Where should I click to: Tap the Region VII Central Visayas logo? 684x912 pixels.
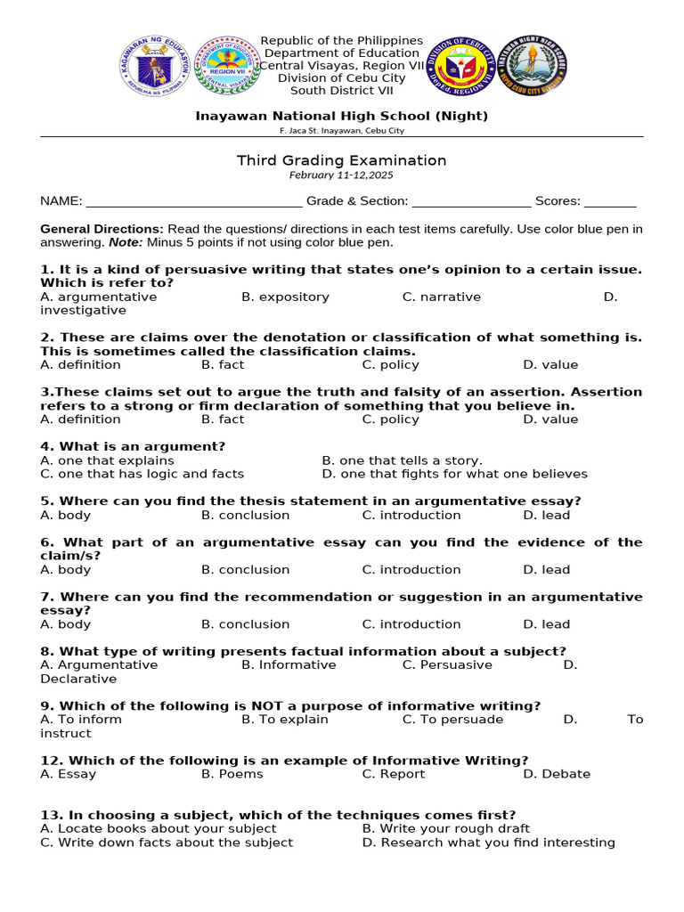(226, 67)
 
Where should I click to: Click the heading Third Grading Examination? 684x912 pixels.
(341, 160)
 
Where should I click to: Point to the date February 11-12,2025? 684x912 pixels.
(341, 175)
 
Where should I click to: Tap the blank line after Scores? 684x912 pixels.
(610, 202)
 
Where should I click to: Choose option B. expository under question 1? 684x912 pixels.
(285, 297)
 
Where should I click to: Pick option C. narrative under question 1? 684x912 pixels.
(441, 297)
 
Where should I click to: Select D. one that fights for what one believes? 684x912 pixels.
(454, 475)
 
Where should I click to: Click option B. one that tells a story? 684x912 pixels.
(402, 460)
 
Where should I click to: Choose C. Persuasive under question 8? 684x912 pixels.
(447, 665)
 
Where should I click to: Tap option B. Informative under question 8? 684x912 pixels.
(289, 665)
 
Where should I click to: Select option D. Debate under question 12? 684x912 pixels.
(557, 774)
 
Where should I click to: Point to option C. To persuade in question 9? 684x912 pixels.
(452, 720)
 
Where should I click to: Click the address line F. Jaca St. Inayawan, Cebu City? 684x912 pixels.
(341, 131)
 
